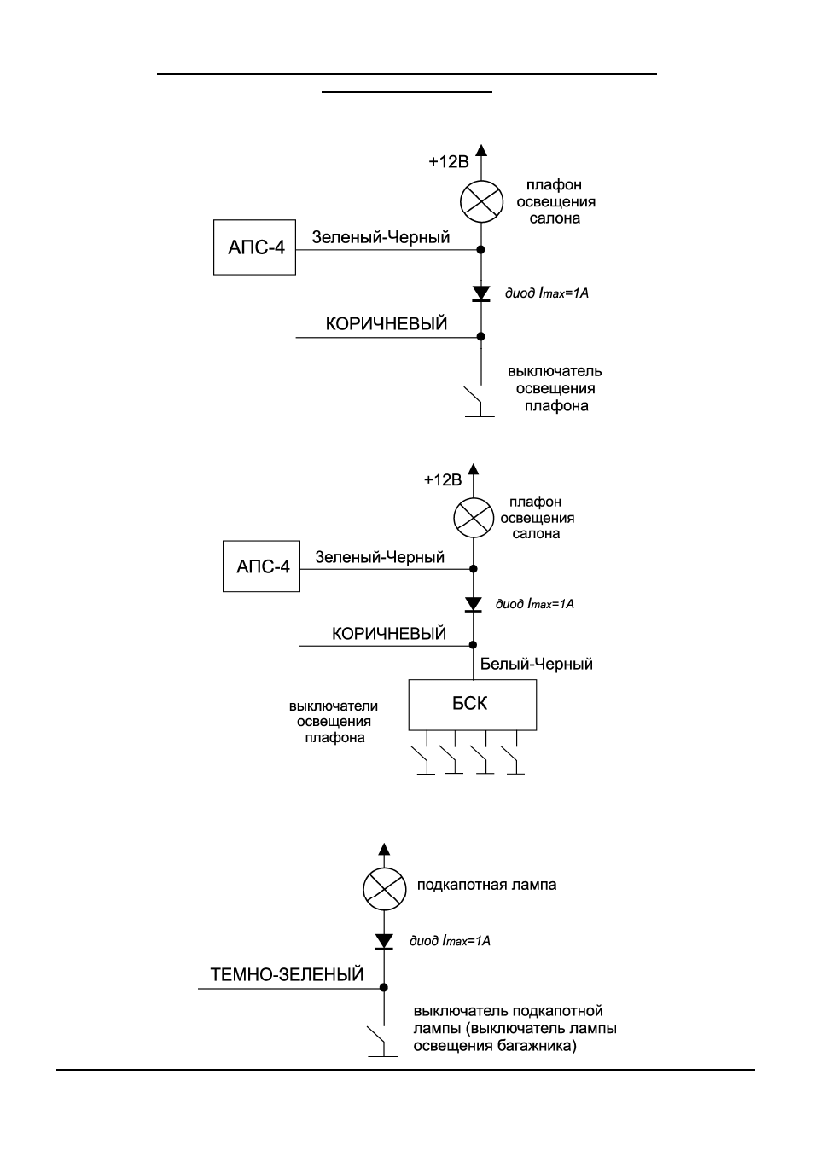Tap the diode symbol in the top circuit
tap(481, 293)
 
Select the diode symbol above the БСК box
tap(473, 604)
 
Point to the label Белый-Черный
tap(536, 665)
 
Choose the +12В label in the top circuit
tap(449, 162)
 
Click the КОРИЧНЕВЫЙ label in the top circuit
tap(387, 324)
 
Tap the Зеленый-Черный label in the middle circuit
tap(380, 557)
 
